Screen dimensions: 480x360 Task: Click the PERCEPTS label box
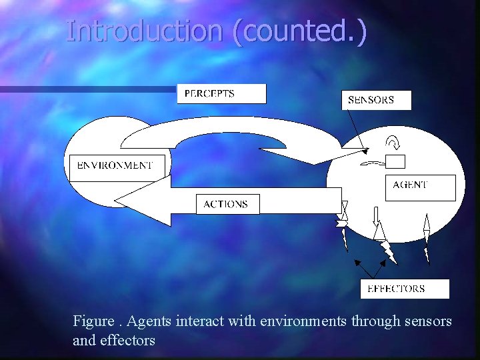(x=221, y=94)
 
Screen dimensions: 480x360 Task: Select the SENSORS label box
(x=376, y=100)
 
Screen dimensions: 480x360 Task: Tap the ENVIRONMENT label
(x=115, y=165)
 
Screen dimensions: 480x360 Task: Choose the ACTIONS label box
(x=227, y=204)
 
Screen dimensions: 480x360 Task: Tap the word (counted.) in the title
(x=299, y=32)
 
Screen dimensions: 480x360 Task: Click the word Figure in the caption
(x=93, y=321)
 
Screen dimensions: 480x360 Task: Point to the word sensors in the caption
(x=428, y=321)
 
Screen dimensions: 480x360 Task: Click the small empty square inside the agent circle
(x=395, y=161)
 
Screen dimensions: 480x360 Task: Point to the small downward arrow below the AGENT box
(x=376, y=215)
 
